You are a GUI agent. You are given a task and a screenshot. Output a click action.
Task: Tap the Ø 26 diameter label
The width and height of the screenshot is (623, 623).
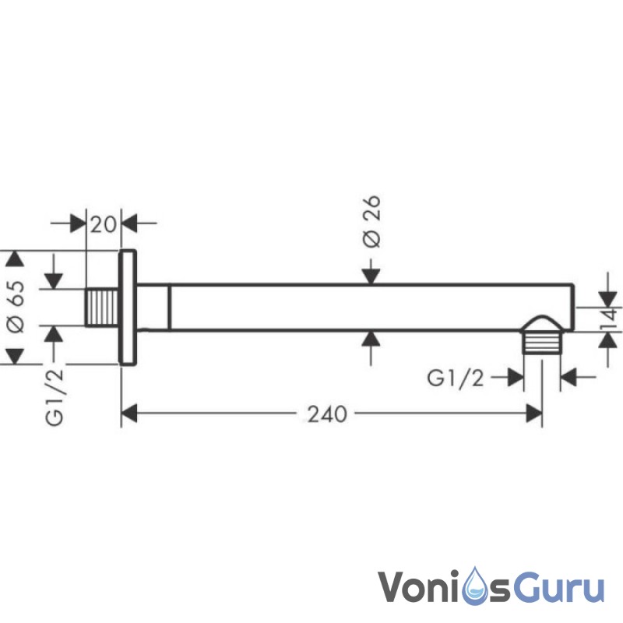[372, 222]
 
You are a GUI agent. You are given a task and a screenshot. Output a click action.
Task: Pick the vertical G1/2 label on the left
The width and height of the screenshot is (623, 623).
[55, 396]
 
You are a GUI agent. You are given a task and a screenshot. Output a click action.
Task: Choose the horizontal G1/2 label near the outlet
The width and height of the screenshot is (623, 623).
[456, 378]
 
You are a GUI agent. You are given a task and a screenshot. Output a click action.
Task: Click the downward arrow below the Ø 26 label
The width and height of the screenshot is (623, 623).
[372, 274]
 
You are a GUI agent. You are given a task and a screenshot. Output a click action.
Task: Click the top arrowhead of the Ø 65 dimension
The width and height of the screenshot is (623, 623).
[13, 259]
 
